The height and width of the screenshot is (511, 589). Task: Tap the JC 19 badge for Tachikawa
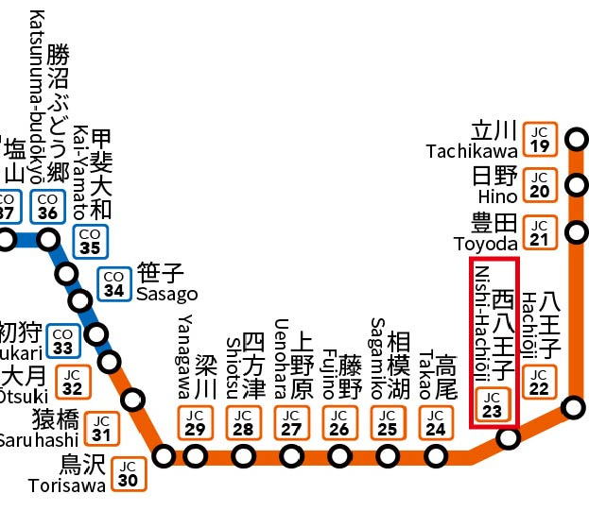coord(540,139)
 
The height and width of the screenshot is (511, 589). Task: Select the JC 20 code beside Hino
coord(540,184)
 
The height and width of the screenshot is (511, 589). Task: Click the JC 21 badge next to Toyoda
coord(540,232)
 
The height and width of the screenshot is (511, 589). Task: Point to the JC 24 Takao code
coord(435,422)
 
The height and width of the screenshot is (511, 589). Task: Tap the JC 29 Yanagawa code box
coord(195,422)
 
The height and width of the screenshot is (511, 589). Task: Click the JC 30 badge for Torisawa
coord(129,472)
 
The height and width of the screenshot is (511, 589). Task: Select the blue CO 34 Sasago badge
coord(114,283)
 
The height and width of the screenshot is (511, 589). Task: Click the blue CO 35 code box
coord(90,241)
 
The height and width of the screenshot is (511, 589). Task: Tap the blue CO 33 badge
coord(63,340)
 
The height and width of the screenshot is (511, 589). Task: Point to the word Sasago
coord(166,294)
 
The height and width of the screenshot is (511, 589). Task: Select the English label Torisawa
coord(68,486)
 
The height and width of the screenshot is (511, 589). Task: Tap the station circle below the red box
coord(509,439)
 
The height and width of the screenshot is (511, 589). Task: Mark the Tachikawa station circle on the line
coord(575,143)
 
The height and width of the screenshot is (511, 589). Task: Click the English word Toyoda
coord(486,244)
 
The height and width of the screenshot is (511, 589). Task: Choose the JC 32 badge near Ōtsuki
coord(74,383)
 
